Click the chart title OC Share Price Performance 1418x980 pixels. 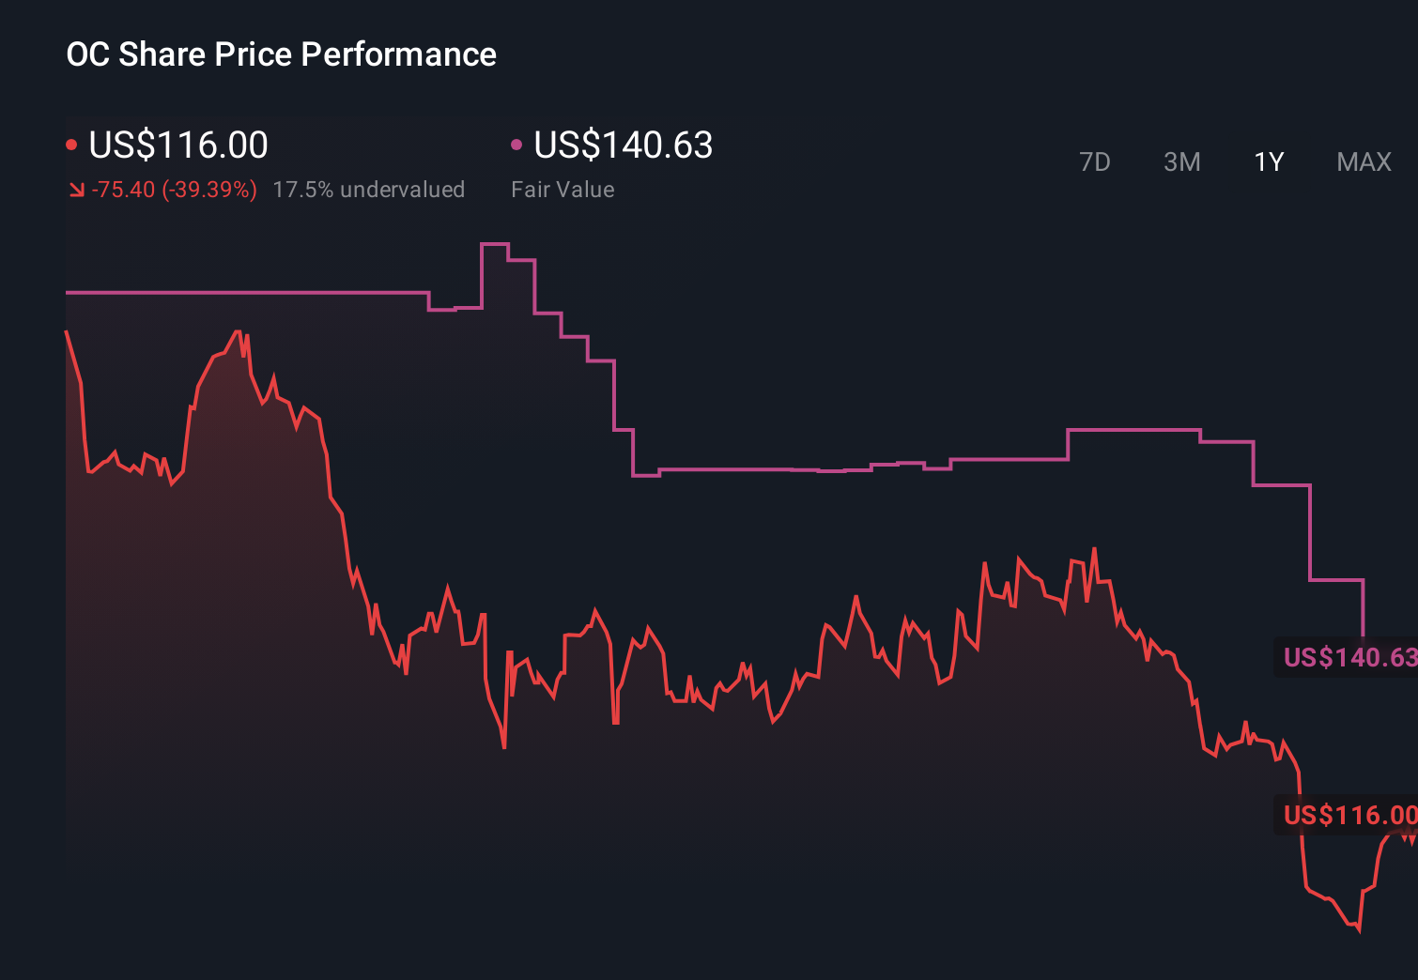[x=281, y=54]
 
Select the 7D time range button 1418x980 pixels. [x=1094, y=162]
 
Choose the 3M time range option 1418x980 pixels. [x=1181, y=162]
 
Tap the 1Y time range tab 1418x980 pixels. [x=1269, y=162]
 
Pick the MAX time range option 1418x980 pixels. [x=1364, y=162]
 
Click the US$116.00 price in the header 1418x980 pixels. [x=178, y=145]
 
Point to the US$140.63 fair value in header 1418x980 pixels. [x=623, y=145]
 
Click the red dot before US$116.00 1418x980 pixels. [x=71, y=145]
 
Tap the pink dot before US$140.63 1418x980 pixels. [x=516, y=145]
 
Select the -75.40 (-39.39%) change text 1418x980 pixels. [x=174, y=190]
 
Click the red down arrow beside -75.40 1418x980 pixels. [x=76, y=190]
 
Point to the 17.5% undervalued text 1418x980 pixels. [x=368, y=190]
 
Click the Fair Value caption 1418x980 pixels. [x=563, y=190]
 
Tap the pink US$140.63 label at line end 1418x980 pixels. [x=1349, y=657]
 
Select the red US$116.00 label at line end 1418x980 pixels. [x=1349, y=815]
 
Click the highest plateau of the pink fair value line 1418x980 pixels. [x=494, y=244]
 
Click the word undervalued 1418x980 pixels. [x=402, y=190]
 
